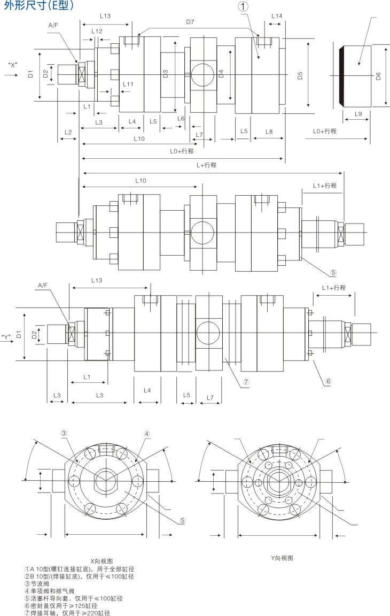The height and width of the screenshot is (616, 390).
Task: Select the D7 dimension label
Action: point(190,22)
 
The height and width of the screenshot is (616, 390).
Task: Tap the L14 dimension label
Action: point(276,16)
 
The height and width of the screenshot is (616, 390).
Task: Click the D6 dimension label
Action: point(378,76)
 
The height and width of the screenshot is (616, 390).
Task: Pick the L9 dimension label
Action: point(358,114)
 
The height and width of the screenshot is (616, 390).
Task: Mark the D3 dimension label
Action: point(166,74)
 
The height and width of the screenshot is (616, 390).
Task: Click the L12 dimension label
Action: point(97,32)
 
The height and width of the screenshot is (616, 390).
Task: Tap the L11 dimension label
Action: point(128,84)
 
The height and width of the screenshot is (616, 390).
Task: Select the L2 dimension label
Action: point(68,132)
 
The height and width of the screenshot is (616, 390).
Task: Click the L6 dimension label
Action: point(181,118)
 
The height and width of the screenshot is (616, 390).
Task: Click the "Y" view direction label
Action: point(7,337)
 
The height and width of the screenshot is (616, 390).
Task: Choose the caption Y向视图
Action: point(282,558)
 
